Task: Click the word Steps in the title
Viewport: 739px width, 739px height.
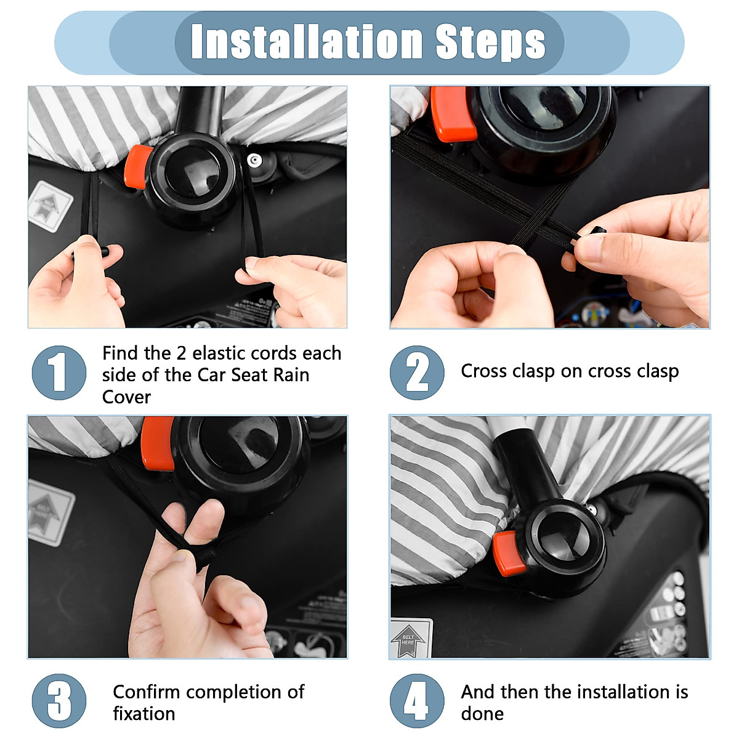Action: pyautogui.click(x=490, y=43)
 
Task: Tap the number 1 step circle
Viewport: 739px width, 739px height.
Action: pyautogui.click(x=59, y=373)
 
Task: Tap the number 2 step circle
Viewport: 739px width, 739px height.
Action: pyautogui.click(x=418, y=373)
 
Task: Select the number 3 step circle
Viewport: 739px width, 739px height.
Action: pyautogui.click(x=59, y=701)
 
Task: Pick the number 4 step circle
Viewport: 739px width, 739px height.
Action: pyautogui.click(x=418, y=701)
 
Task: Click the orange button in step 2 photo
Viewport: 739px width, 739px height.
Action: pyautogui.click(x=453, y=113)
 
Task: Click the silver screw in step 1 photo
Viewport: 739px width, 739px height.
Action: pyautogui.click(x=254, y=160)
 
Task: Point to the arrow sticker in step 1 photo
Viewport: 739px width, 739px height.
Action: pyautogui.click(x=50, y=207)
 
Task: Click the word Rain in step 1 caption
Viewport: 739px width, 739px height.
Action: pyautogui.click(x=291, y=375)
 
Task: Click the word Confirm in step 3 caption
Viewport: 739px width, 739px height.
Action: pyautogui.click(x=147, y=692)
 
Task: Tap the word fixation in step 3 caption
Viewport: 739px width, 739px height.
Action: pyautogui.click(x=144, y=714)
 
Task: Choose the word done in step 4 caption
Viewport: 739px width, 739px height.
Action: pyautogui.click(x=482, y=714)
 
